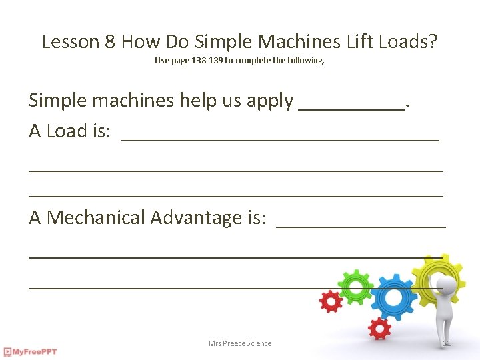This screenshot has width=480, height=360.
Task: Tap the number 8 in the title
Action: click(111, 42)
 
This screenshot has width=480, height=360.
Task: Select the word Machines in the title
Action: click(299, 42)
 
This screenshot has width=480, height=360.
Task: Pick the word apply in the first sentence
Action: click(269, 101)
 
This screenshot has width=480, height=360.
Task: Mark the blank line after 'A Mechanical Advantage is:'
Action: click(360, 225)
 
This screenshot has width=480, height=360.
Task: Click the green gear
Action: click(355, 287)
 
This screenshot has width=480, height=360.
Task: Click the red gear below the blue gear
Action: click(379, 328)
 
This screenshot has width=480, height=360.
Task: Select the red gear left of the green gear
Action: click(331, 301)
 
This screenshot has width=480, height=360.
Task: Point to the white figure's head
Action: click(449, 285)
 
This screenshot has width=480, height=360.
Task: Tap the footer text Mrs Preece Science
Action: click(240, 343)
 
